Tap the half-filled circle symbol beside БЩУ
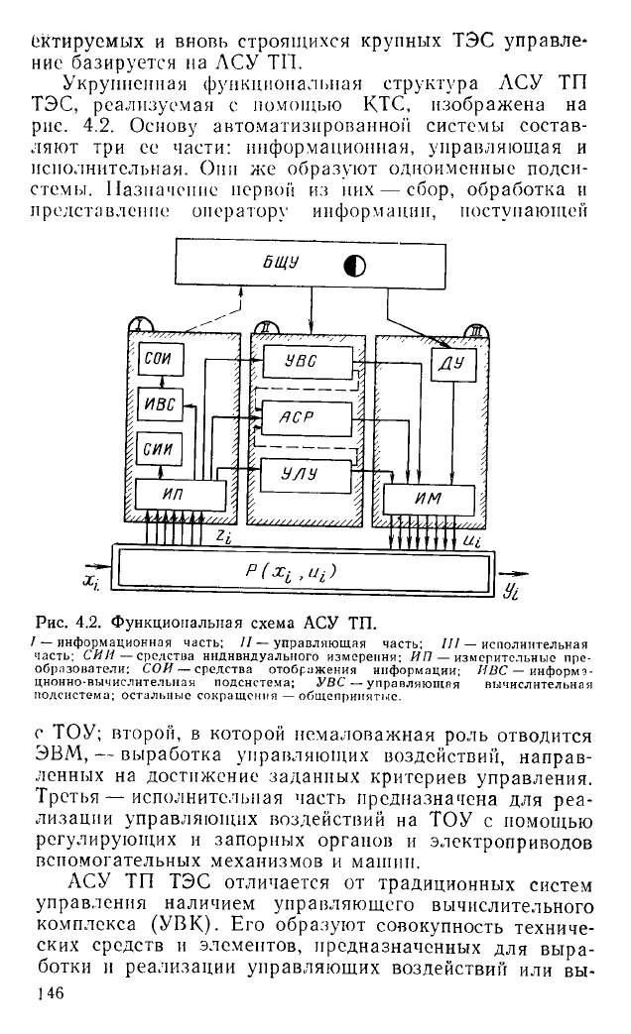coord(355,266)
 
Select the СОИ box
coord(161,360)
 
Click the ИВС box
coord(161,404)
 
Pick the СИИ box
coord(161,450)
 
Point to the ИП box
coord(181,495)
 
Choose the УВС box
coord(308,362)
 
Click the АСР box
coord(308,418)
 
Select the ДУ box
coord(453,364)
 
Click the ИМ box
coord(429,500)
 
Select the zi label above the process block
coord(224,537)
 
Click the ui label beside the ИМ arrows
coord(472,540)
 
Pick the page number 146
coord(51,993)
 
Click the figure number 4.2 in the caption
coord(89,622)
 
